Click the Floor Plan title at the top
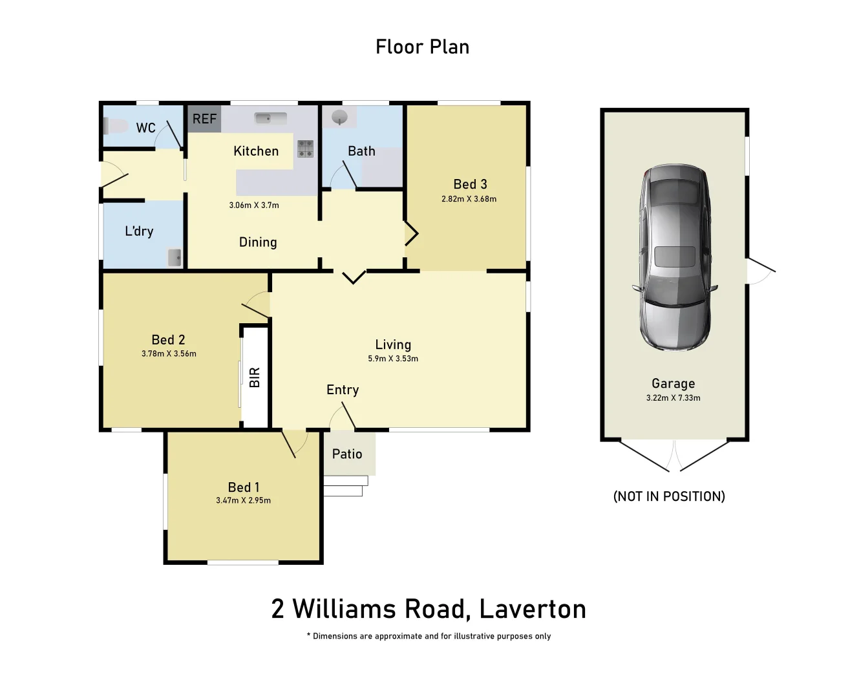[x=422, y=47]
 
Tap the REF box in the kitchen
[x=204, y=119]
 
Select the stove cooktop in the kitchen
[x=305, y=149]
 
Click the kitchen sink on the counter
[x=271, y=118]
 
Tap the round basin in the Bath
[x=339, y=118]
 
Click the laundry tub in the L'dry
[x=175, y=257]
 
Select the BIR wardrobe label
[x=255, y=377]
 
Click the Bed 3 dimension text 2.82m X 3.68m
[x=469, y=199]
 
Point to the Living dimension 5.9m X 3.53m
[x=393, y=359]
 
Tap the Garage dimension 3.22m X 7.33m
[x=673, y=398]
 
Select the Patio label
[x=347, y=454]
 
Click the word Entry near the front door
[x=343, y=390]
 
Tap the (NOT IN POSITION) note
[x=669, y=496]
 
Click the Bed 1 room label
[x=243, y=487]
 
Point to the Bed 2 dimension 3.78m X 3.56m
[x=169, y=354]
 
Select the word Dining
[x=258, y=242]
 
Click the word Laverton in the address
[x=533, y=609]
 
